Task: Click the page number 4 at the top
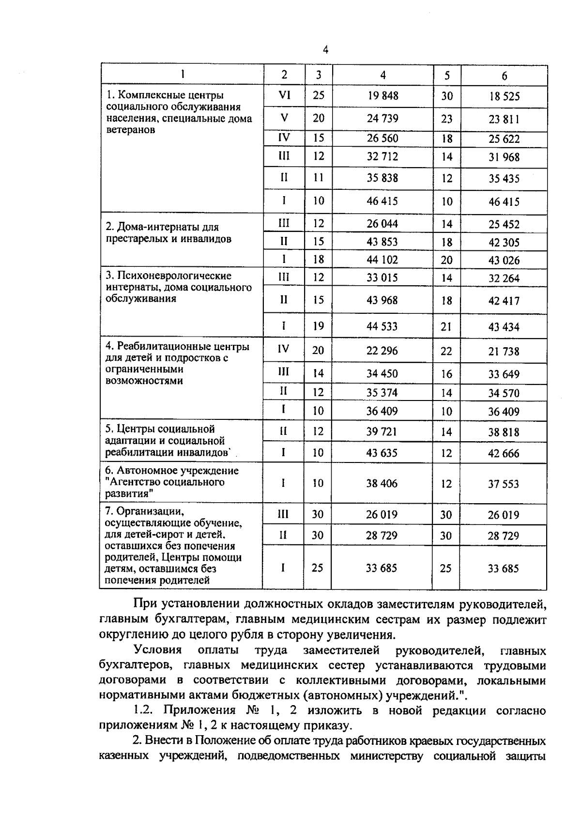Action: (325, 49)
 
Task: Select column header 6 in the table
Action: (504, 76)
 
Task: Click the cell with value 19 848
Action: (382, 95)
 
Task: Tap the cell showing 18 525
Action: (504, 96)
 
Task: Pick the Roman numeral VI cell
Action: (284, 95)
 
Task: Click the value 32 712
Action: (382, 156)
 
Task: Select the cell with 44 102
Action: (382, 260)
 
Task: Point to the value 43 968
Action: (382, 300)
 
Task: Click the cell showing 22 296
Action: (382, 350)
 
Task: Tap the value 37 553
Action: (503, 484)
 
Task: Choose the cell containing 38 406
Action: (382, 483)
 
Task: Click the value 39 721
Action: (382, 431)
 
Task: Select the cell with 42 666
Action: (504, 453)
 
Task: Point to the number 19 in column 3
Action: (318, 326)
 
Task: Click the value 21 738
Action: (504, 351)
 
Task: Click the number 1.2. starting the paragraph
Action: (143, 710)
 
